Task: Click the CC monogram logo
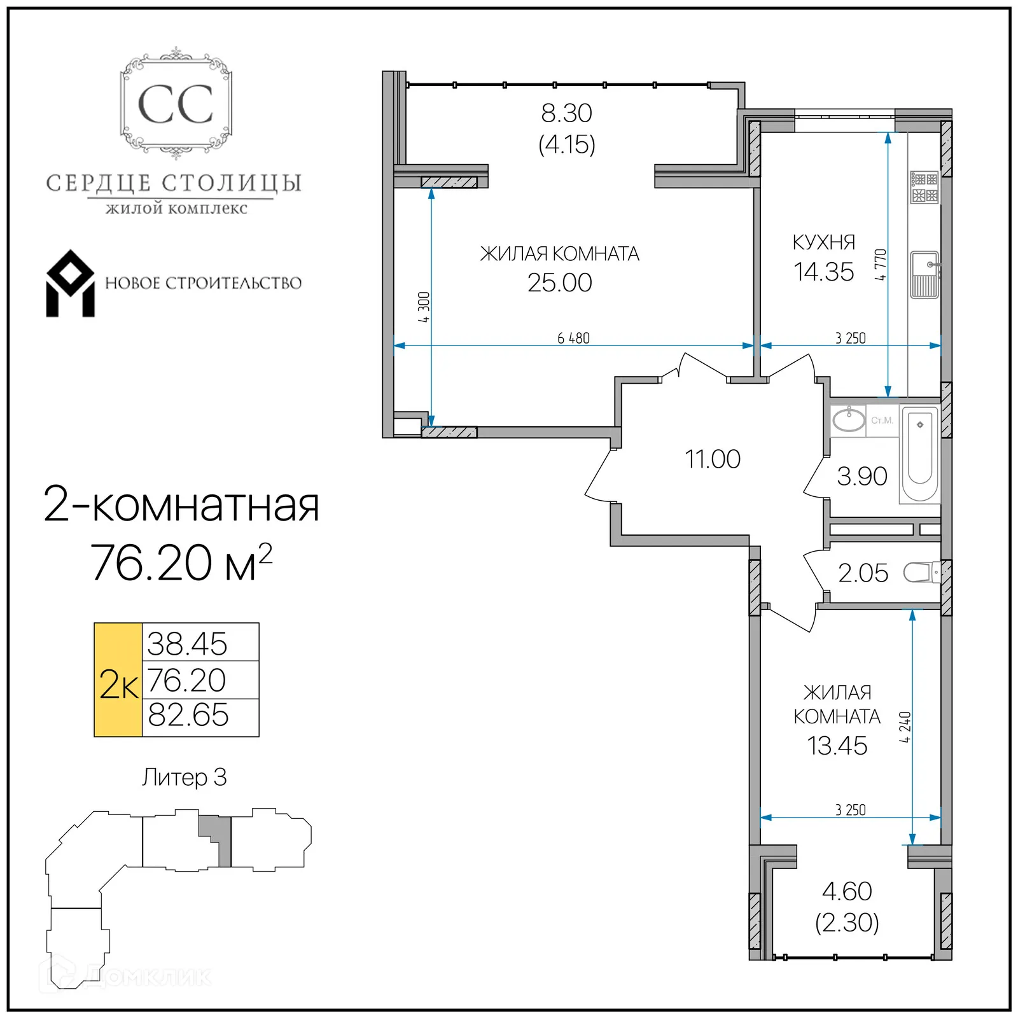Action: click(x=176, y=104)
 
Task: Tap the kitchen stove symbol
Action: click(x=924, y=187)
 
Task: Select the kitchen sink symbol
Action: click(x=924, y=275)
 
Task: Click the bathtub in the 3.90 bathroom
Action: click(x=920, y=455)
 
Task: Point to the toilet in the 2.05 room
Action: click(x=921, y=572)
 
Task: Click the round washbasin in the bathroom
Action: click(x=848, y=420)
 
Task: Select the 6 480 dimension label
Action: click(x=573, y=338)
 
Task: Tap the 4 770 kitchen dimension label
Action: click(x=880, y=265)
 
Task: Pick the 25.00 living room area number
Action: click(x=559, y=282)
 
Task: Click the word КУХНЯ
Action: click(x=823, y=242)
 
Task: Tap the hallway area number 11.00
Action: click(x=712, y=459)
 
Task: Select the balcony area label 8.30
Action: click(x=566, y=113)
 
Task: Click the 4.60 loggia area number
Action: click(x=846, y=891)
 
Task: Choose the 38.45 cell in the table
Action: click(x=188, y=643)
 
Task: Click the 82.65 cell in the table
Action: click(x=188, y=715)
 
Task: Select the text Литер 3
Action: click(x=184, y=777)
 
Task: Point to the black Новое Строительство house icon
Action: click(x=70, y=284)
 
